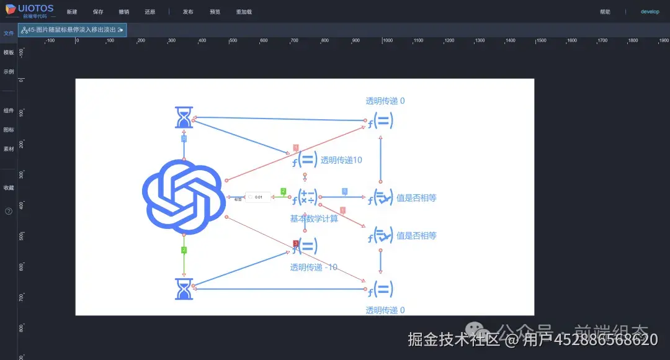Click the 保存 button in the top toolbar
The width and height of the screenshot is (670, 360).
(98, 12)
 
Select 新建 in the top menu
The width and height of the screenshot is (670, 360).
(72, 12)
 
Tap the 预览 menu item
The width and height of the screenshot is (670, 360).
(215, 12)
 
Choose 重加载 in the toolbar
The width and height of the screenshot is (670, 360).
(244, 12)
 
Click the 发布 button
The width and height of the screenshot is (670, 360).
(188, 12)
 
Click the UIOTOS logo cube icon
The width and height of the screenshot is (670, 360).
(11, 9)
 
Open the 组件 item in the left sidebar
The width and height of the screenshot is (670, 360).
(9, 110)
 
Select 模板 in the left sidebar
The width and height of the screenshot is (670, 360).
(9, 53)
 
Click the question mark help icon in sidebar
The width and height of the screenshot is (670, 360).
(9, 211)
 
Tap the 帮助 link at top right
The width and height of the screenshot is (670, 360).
(605, 12)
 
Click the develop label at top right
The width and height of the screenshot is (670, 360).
(650, 12)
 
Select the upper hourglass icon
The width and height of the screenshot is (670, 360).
(184, 117)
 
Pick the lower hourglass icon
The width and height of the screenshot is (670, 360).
(184, 289)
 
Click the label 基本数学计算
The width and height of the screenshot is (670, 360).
(314, 218)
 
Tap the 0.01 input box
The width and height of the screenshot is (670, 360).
(259, 197)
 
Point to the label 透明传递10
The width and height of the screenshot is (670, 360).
(341, 160)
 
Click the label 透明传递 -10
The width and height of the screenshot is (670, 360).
(314, 268)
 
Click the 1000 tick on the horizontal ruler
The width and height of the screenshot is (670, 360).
(387, 40)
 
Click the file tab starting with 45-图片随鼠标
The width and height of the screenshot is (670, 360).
(73, 30)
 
